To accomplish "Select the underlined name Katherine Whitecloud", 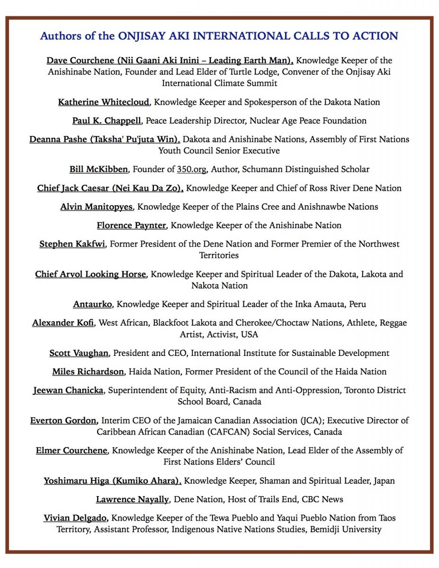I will click(x=104, y=102).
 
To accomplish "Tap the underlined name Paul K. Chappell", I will click(x=107, y=121).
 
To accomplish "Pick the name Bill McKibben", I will click(x=99, y=169).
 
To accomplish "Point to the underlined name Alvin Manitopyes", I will click(x=97, y=206).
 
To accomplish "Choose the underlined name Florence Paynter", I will click(x=131, y=225).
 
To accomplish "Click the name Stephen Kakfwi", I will click(x=72, y=244).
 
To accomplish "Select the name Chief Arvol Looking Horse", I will click(x=90, y=274).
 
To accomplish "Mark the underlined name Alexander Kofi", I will click(x=63, y=323).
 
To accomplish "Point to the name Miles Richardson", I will click(x=88, y=372).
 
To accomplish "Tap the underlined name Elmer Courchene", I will click(x=72, y=450).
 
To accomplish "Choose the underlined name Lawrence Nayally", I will click(x=133, y=499).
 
